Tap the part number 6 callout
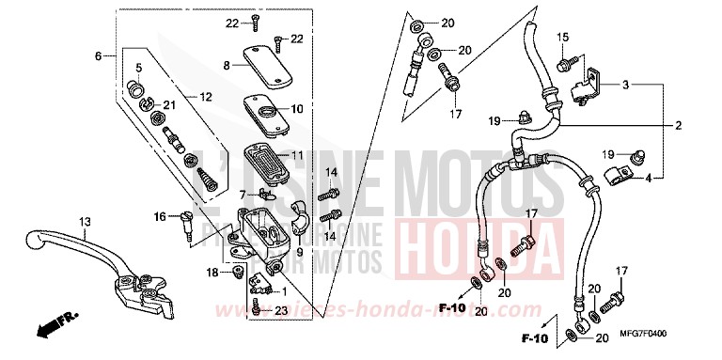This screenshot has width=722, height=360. [x=97, y=57]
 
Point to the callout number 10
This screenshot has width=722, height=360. [x=296, y=109]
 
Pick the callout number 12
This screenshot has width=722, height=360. [x=206, y=98]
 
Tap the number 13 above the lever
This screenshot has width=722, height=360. [x=86, y=223]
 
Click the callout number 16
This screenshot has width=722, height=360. [x=160, y=217]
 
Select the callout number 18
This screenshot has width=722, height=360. [x=212, y=273]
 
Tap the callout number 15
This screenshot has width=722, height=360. [x=564, y=37]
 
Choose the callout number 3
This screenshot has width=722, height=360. [x=623, y=85]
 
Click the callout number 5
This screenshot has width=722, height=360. [x=138, y=67]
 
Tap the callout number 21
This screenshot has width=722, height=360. [x=170, y=104]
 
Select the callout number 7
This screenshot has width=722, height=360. [x=242, y=194]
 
